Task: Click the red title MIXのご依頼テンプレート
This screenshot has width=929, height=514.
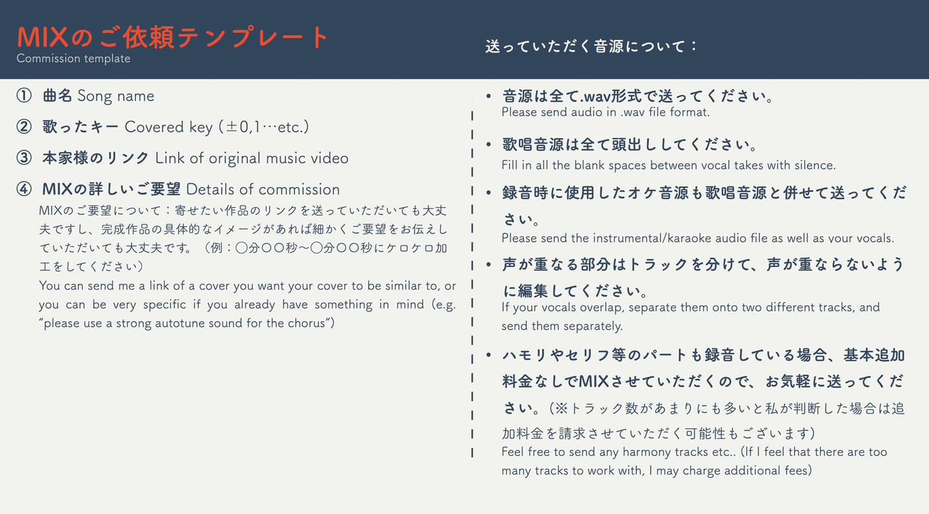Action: tap(172, 37)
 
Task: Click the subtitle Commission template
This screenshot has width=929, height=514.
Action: tap(74, 59)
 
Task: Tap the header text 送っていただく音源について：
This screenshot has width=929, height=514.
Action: tap(591, 46)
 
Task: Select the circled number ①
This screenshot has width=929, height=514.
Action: tap(24, 95)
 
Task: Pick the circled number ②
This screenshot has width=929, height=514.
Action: tap(24, 127)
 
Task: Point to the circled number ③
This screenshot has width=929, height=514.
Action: tap(24, 158)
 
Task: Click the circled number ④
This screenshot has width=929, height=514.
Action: tap(24, 189)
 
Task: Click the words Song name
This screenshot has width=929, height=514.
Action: tap(116, 96)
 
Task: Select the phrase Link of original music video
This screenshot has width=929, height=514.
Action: tap(252, 158)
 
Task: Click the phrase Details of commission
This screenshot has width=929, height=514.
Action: tap(263, 189)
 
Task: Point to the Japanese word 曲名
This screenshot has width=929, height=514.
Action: tap(57, 95)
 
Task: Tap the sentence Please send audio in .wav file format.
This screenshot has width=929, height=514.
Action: tap(606, 112)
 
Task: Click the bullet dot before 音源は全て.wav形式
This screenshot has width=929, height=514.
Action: tap(489, 97)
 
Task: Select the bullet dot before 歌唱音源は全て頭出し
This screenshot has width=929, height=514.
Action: tap(489, 144)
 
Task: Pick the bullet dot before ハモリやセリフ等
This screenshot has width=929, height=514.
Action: tap(489, 355)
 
